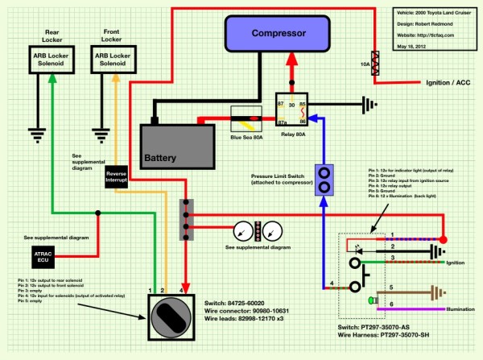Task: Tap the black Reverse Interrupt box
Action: point(118,179)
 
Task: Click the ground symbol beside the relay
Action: point(370,103)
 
